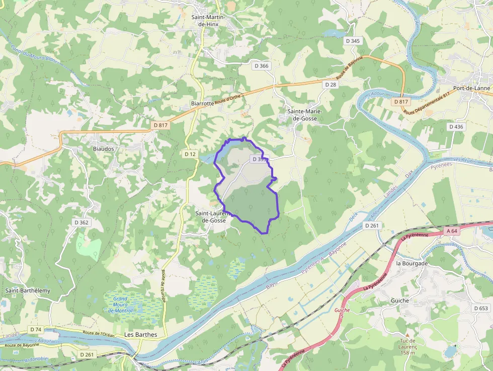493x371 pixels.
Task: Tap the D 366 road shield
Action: (262, 65)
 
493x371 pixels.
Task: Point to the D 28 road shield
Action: (331, 85)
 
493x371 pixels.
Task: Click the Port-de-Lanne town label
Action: (471, 88)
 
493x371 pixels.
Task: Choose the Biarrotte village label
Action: (202, 103)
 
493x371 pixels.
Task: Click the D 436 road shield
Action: (456, 127)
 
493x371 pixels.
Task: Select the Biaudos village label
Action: (104, 149)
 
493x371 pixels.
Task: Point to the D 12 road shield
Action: (190, 154)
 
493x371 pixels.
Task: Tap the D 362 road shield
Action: (81, 222)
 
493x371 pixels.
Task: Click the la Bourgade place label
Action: (412, 263)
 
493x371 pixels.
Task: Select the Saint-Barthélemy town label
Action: (28, 290)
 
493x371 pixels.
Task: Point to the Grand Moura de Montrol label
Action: (120, 305)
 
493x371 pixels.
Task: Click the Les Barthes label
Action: (140, 335)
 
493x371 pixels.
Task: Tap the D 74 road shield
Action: (36, 329)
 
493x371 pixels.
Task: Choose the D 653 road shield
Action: (481, 308)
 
